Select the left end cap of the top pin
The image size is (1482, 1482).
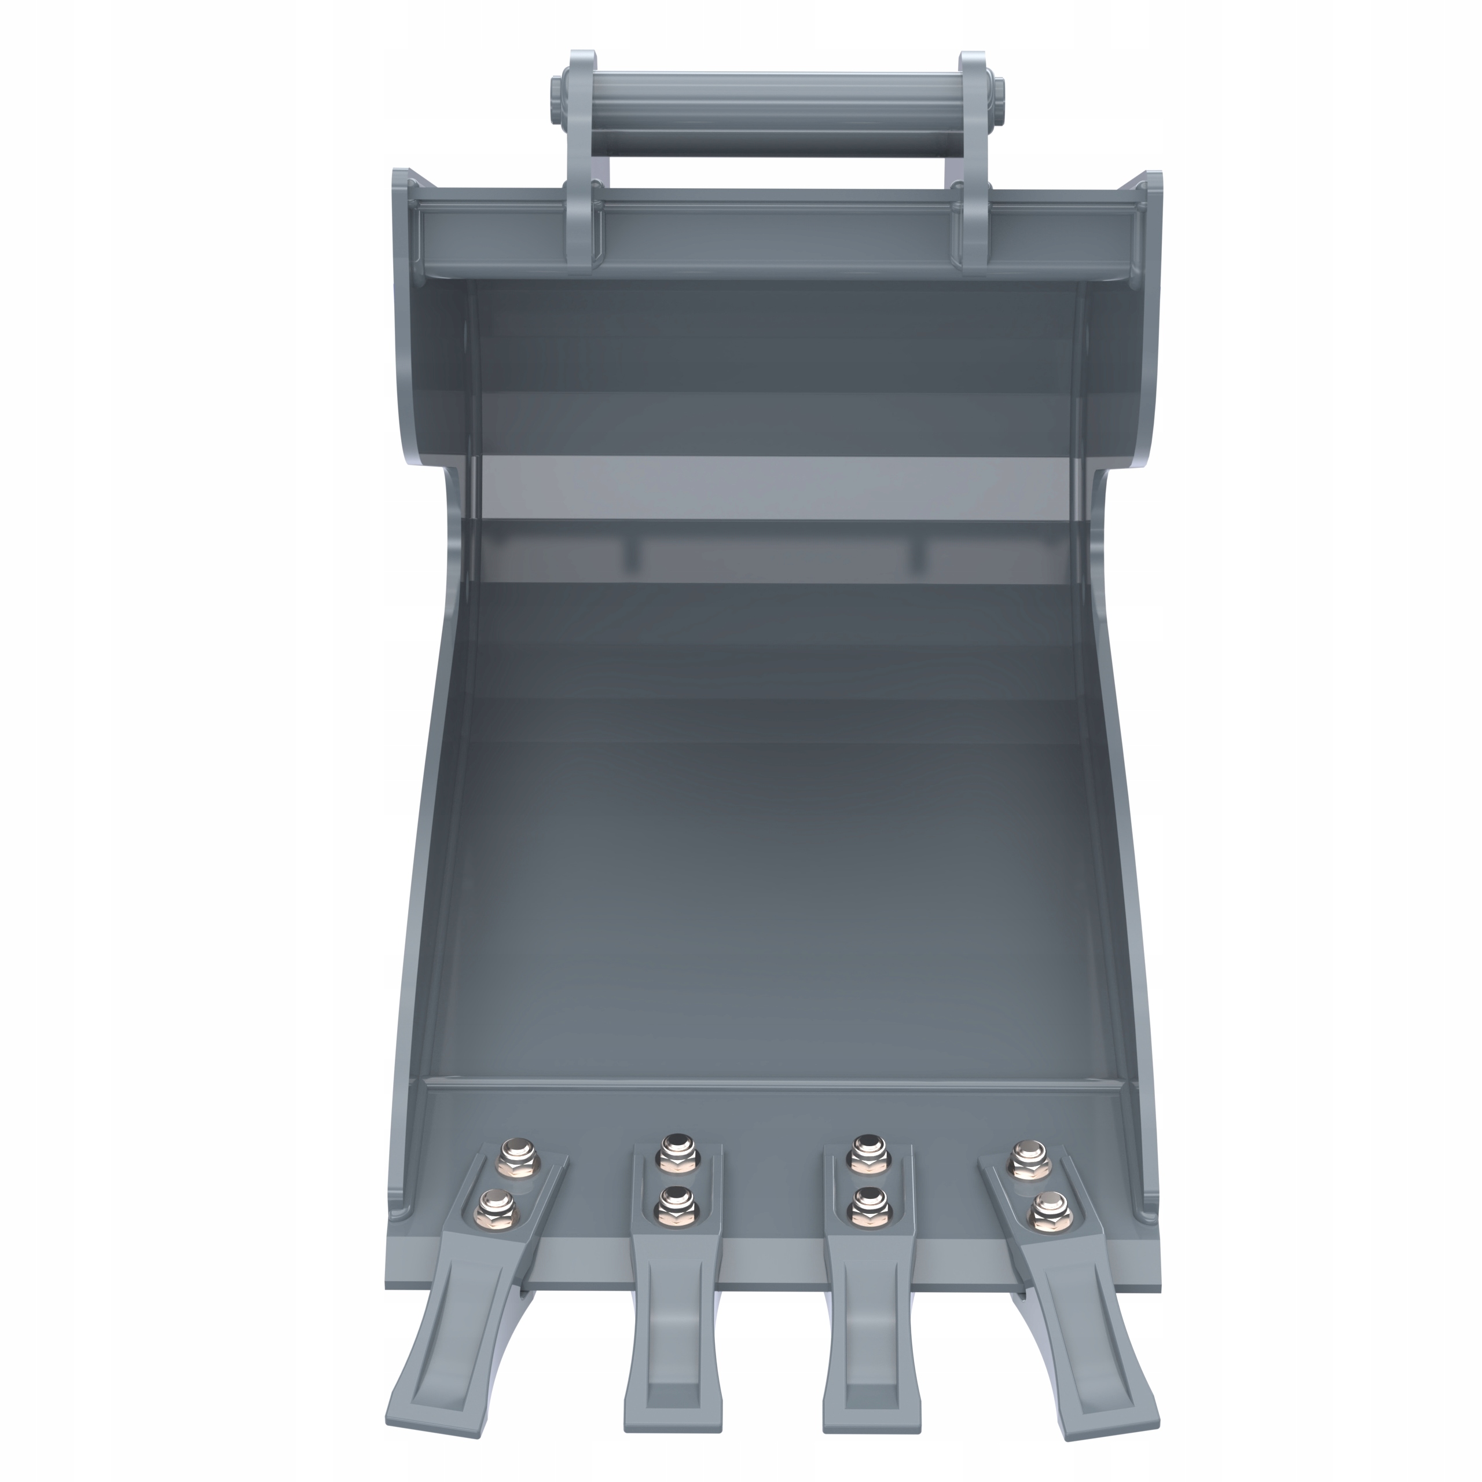(554, 100)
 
